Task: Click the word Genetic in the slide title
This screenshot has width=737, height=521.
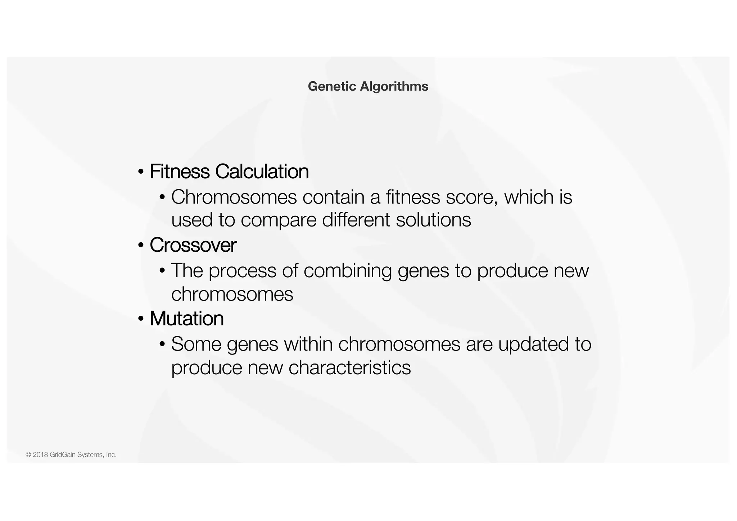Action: (x=332, y=86)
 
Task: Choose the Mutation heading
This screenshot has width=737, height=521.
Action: (x=186, y=319)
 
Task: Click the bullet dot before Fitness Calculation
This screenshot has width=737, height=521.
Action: (x=141, y=172)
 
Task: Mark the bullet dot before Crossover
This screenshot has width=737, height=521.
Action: (x=141, y=246)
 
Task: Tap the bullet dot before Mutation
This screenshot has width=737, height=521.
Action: (x=141, y=319)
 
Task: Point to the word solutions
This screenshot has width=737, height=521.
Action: (x=433, y=220)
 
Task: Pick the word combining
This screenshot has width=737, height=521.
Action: (x=348, y=271)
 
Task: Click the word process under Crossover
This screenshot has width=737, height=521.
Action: (x=242, y=271)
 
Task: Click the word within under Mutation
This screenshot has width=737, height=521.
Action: (x=308, y=344)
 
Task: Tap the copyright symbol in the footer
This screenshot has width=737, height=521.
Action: (x=28, y=455)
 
